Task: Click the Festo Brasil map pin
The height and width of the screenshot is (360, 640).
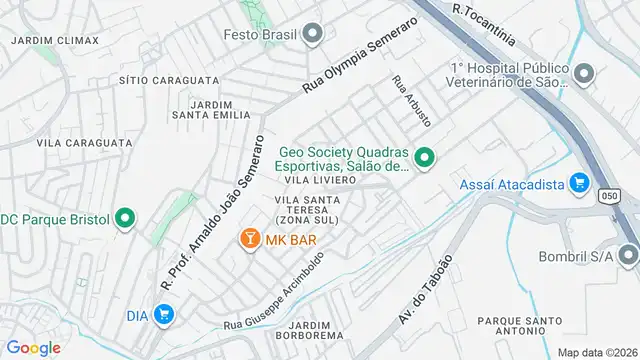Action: (x=313, y=35)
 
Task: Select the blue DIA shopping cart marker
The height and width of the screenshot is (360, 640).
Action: (x=164, y=315)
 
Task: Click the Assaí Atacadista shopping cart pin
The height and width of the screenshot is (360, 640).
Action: (x=578, y=183)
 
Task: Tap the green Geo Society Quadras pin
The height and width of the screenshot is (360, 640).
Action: (x=425, y=158)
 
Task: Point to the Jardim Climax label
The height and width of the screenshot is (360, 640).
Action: (x=55, y=40)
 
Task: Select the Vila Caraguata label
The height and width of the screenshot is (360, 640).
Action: (x=84, y=143)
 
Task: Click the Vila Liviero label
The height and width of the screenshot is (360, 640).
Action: (x=320, y=180)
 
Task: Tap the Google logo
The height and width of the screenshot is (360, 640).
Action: (x=33, y=347)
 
